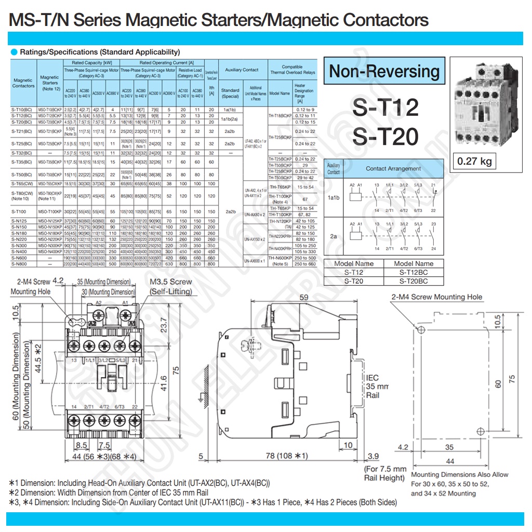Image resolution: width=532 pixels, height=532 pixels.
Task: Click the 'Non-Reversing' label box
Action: pyautogui.click(x=384, y=71)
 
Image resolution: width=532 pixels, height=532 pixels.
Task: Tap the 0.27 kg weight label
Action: pyautogui.click(x=474, y=161)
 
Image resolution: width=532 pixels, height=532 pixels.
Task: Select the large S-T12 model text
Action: pyautogui.click(x=385, y=108)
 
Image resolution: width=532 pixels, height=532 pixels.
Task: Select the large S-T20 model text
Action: pyautogui.click(x=385, y=136)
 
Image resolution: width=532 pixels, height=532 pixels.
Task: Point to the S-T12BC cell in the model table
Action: pyautogui.click(x=414, y=272)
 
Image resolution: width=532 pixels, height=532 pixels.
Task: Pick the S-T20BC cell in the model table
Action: pyautogui.click(x=414, y=281)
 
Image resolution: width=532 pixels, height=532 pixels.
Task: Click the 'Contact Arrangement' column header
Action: pyautogui.click(x=393, y=169)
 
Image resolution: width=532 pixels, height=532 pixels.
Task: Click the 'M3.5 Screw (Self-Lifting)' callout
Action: pyautogui.click(x=170, y=286)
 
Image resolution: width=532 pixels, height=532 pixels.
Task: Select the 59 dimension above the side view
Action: pyautogui.click(x=304, y=298)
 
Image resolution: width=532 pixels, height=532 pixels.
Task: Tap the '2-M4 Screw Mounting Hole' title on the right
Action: pyautogui.click(x=436, y=297)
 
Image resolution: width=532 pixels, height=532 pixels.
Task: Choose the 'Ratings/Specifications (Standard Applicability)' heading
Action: pyautogui.click(x=99, y=52)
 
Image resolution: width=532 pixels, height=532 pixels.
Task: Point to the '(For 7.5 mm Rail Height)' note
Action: pyautogui.click(x=384, y=473)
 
